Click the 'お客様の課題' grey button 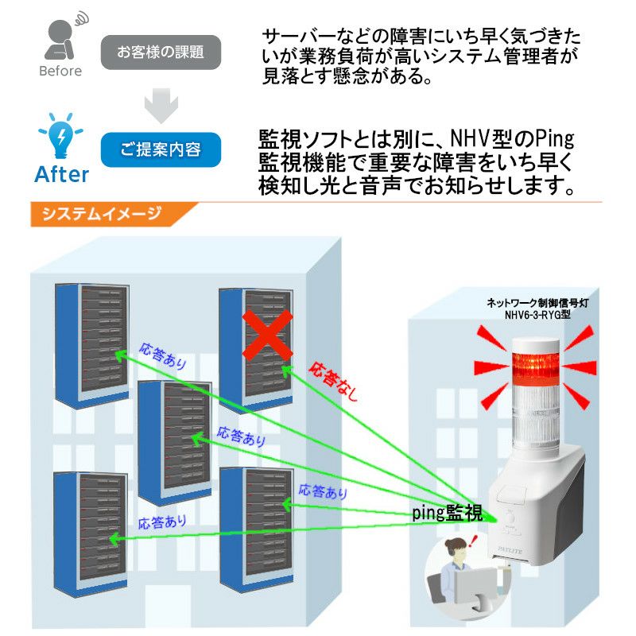coord(161,53)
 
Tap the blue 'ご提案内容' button coord(161,149)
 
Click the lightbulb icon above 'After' coord(60,137)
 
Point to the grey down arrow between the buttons coord(161,103)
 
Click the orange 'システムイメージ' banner coord(111,215)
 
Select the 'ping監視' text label coord(447,513)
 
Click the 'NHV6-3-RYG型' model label coord(537,315)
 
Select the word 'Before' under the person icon coord(60,72)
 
